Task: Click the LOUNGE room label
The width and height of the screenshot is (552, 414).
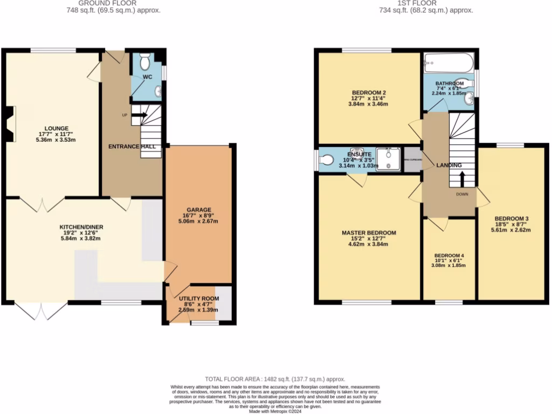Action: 53,129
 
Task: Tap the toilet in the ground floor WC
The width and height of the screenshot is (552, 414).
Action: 144,63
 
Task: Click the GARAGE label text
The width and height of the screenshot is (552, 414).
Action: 199,210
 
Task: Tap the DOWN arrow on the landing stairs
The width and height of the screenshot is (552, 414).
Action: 462,178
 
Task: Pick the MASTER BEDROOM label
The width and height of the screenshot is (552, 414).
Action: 369,233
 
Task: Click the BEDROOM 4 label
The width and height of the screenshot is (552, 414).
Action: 448,255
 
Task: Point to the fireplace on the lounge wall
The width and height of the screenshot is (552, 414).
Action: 9,124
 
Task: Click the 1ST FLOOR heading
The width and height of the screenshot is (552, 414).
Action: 426,3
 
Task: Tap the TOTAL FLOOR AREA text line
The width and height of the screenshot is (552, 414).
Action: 275,379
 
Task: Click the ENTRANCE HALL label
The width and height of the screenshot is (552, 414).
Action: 132,147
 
